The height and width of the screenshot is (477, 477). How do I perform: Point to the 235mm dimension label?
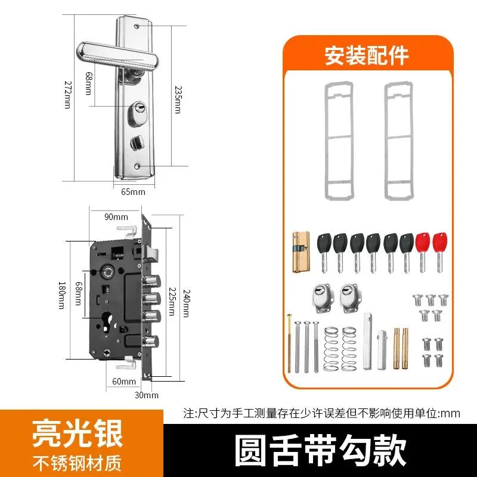(177, 97)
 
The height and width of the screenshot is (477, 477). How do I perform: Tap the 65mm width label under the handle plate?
(133, 192)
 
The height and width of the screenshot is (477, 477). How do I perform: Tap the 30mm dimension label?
(147, 395)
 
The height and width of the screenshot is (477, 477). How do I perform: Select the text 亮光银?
(82, 435)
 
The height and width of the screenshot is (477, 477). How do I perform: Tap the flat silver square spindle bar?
(367, 342)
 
